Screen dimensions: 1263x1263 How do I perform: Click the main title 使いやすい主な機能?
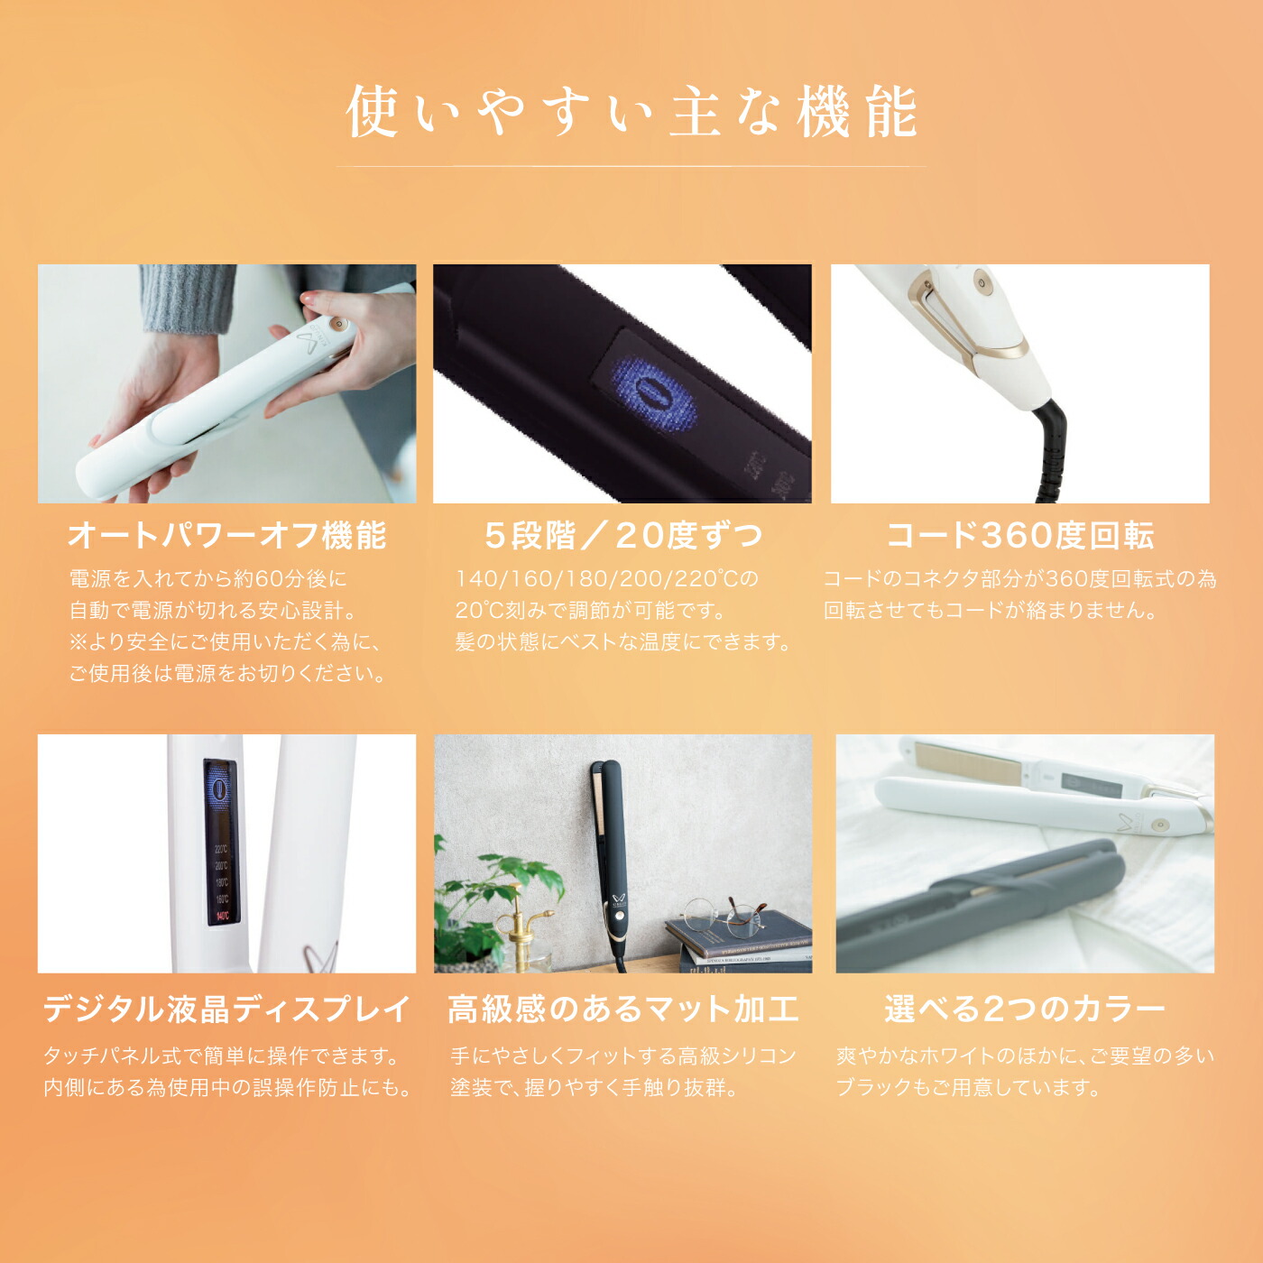click(x=631, y=112)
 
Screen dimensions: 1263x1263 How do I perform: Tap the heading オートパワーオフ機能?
click(x=227, y=536)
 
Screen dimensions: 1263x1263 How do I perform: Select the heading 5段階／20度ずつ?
click(x=623, y=536)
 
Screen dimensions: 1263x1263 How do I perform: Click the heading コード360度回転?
click(x=1019, y=536)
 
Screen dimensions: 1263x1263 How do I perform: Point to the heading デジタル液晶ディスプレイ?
click(x=226, y=1009)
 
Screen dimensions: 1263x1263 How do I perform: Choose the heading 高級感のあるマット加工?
click(x=623, y=1009)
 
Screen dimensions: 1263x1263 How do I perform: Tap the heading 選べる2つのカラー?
click(x=1025, y=1009)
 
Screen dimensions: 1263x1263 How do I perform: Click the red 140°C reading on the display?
click(x=222, y=916)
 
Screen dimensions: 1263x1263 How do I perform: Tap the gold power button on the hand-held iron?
click(x=336, y=322)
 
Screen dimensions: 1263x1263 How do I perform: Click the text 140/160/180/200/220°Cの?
click(x=607, y=579)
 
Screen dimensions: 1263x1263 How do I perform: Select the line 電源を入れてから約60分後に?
click(x=207, y=579)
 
